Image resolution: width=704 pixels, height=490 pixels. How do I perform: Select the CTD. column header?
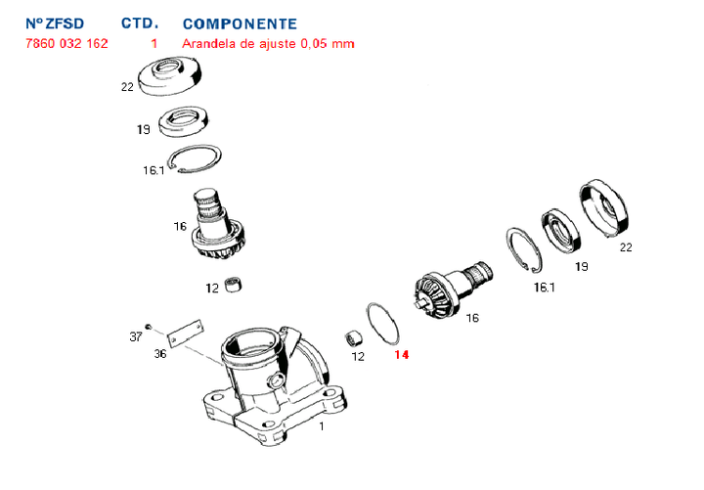(x=139, y=22)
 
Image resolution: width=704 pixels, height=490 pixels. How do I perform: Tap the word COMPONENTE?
(x=240, y=22)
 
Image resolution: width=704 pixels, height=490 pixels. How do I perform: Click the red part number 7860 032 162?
(x=65, y=44)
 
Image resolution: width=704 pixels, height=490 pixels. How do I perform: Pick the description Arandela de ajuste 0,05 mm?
(x=268, y=44)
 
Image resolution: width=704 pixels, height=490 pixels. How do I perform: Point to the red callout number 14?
(x=403, y=356)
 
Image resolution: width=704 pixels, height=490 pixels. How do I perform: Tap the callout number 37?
(x=135, y=336)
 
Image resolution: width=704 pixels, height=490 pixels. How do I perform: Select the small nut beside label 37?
(x=147, y=327)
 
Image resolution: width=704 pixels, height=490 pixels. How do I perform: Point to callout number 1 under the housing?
(x=322, y=426)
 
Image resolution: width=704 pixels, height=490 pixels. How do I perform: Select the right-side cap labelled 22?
(x=602, y=207)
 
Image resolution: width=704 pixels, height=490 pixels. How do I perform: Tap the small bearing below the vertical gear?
(x=233, y=287)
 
